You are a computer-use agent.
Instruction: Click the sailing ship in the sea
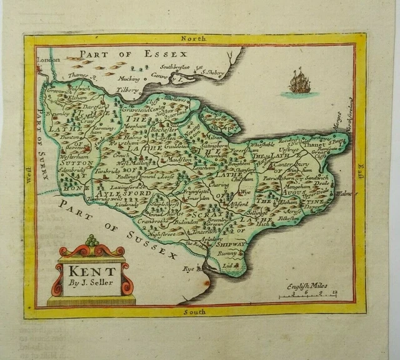299,83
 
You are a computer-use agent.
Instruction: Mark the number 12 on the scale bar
336,292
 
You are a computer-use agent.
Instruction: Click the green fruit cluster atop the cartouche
92,241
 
